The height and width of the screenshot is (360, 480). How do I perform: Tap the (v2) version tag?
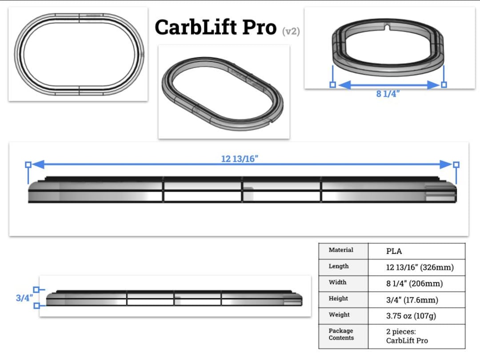click(x=291, y=31)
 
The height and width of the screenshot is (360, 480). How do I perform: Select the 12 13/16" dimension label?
click(x=240, y=159)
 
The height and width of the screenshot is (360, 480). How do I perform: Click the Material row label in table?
click(x=341, y=250)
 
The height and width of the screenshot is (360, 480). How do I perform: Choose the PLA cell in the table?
click(x=394, y=251)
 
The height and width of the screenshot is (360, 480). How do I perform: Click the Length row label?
click(x=339, y=266)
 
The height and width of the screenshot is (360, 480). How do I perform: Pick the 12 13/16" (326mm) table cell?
click(x=420, y=268)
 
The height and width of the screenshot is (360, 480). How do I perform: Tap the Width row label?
click(x=337, y=282)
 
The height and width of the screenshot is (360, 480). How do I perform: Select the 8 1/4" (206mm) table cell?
click(x=414, y=284)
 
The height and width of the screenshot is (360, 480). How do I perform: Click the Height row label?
click(x=338, y=299)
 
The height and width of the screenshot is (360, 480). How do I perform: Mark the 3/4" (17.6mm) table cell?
click(x=412, y=300)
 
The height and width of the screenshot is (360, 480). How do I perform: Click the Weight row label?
click(x=339, y=315)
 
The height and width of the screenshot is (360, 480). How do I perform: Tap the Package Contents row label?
click(x=341, y=334)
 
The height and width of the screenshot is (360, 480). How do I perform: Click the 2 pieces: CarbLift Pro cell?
click(x=407, y=336)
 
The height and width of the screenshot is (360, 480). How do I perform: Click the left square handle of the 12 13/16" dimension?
click(x=28, y=164)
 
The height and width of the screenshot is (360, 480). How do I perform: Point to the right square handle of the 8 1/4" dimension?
click(x=444, y=84)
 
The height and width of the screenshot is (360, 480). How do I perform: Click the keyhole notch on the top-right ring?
click(x=388, y=27)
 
